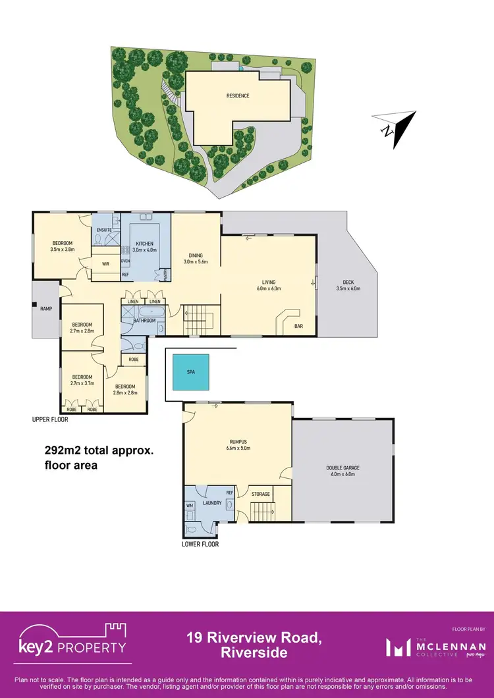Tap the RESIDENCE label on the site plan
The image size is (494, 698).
click(238, 96)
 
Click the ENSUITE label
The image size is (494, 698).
click(104, 230)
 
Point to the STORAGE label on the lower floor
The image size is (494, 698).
click(261, 494)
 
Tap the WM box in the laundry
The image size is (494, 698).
click(190, 506)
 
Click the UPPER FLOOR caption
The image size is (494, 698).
click(50, 419)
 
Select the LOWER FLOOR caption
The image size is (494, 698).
click(200, 545)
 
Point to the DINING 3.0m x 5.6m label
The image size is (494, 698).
click(195, 258)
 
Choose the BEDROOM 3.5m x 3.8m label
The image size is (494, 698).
click(64, 246)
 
